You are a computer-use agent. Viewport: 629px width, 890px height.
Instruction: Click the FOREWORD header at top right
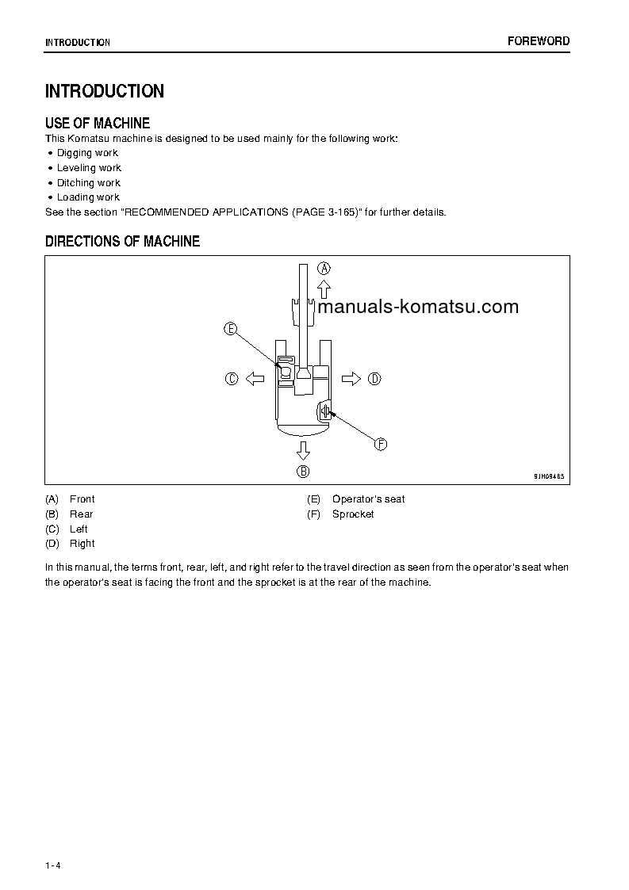pyautogui.click(x=539, y=41)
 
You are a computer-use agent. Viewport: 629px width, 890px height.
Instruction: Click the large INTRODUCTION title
pyautogui.click(x=105, y=91)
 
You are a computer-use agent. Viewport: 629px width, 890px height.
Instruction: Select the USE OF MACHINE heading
pyautogui.click(x=98, y=123)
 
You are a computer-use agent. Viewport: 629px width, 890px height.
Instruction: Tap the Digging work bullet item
pyautogui.click(x=87, y=153)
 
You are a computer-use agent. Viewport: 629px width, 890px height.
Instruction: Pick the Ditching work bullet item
pyautogui.click(x=88, y=183)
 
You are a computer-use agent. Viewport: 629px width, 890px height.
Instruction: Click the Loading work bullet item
pyautogui.click(x=88, y=197)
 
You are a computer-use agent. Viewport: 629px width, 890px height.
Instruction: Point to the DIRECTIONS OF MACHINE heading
pyautogui.click(x=122, y=241)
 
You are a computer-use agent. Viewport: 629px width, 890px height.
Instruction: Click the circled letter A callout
pyautogui.click(x=324, y=268)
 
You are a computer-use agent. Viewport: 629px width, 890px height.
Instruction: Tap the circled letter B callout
pyautogui.click(x=303, y=472)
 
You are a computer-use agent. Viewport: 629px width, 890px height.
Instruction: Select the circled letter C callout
pyautogui.click(x=232, y=379)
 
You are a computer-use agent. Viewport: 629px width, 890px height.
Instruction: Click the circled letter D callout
pyautogui.click(x=374, y=379)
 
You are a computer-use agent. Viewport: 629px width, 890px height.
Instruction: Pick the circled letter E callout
pyautogui.click(x=231, y=329)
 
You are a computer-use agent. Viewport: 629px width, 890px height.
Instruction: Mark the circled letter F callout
pyautogui.click(x=381, y=445)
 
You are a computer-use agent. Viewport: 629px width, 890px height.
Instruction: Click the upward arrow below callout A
pyautogui.click(x=324, y=288)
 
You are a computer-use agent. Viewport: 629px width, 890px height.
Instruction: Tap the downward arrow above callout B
pyautogui.click(x=303, y=450)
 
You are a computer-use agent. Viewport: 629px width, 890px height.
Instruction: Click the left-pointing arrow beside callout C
pyautogui.click(x=255, y=379)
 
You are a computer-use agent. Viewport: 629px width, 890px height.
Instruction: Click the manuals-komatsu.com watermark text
pyautogui.click(x=418, y=307)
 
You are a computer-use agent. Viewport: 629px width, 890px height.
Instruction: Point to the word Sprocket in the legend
pyautogui.click(x=353, y=514)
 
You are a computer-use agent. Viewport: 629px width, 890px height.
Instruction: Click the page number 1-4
pyautogui.click(x=53, y=865)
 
